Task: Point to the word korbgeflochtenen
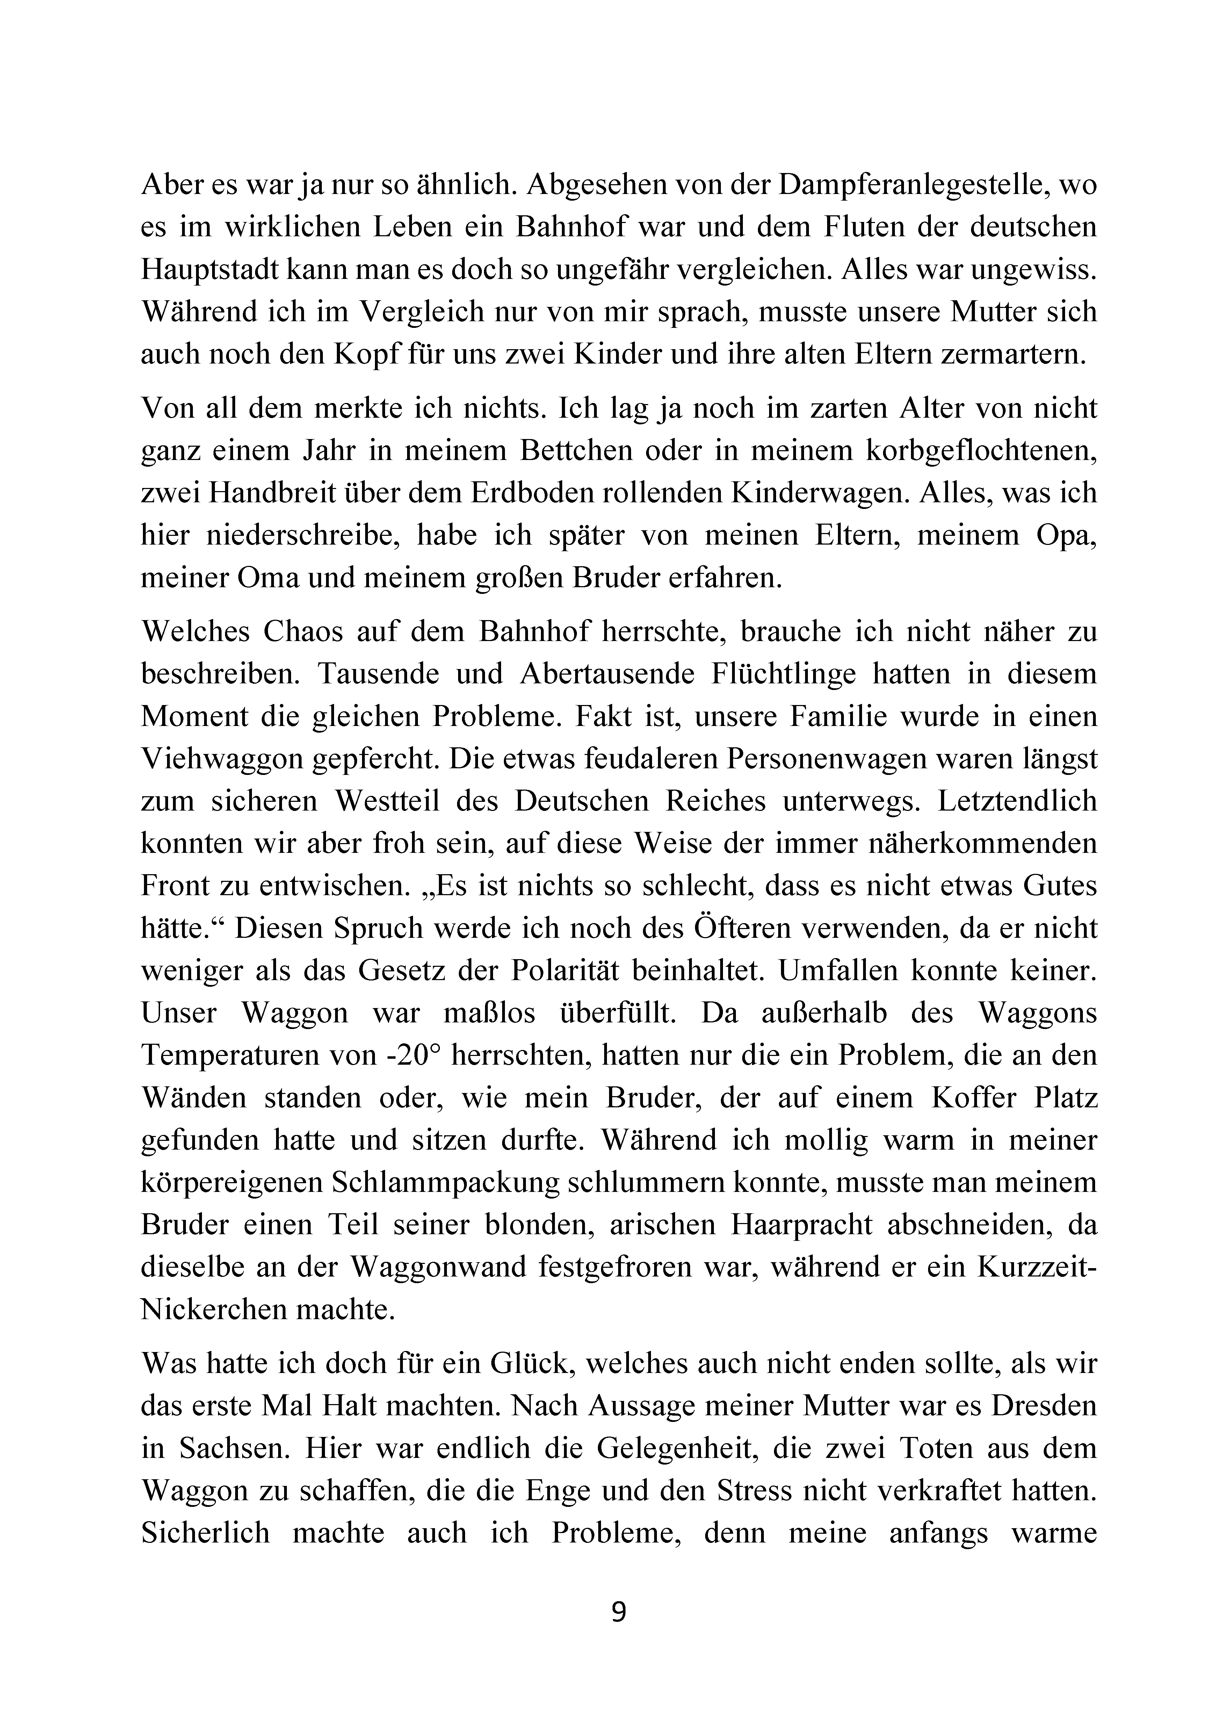pos(981,451)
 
